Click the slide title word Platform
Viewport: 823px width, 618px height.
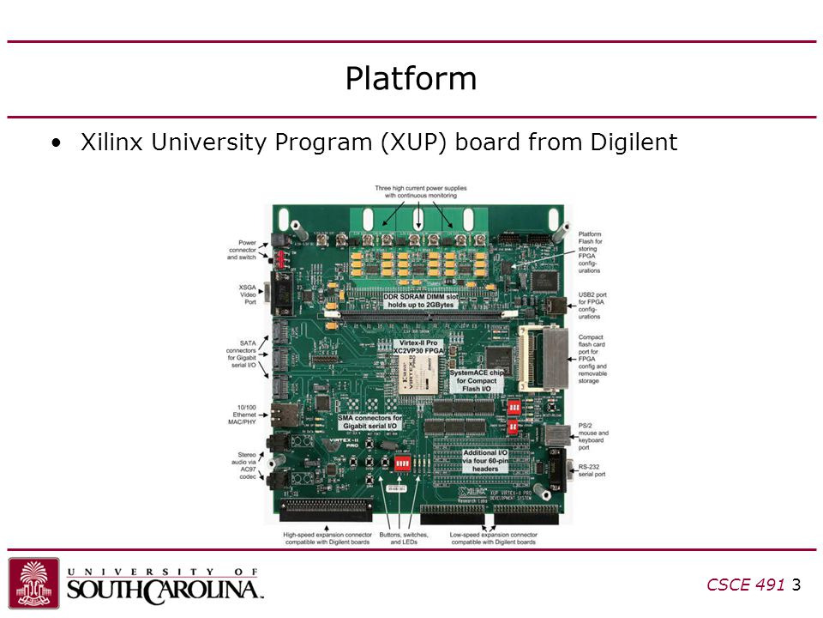[x=411, y=79]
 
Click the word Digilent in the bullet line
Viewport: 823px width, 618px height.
[x=634, y=142]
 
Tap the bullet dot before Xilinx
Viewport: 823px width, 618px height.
[x=57, y=142]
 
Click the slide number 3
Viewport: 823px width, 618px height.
[x=796, y=585]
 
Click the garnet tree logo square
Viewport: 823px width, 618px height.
[x=34, y=583]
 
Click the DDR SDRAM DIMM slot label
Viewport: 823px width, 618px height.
[x=419, y=299]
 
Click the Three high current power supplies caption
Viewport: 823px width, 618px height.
[x=420, y=191]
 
